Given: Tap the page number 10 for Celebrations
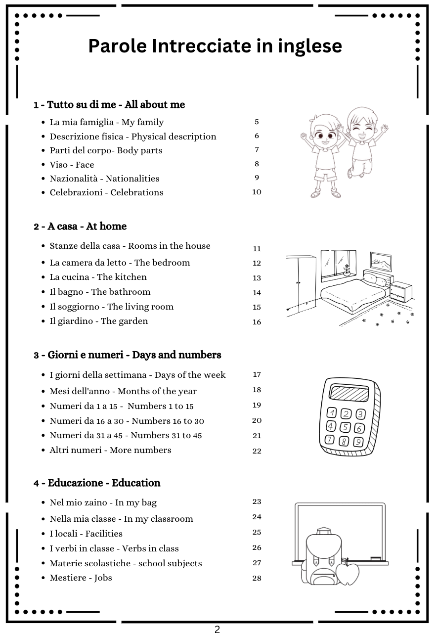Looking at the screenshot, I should coord(257,192).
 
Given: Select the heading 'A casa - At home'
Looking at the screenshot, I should coord(80,227).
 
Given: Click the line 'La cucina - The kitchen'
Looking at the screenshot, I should coord(98,277).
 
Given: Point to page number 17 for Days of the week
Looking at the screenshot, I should coord(257,374).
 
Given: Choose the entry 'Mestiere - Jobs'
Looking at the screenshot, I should coord(81,578).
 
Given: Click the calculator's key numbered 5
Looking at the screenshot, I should coord(346,427).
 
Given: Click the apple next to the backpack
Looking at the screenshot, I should coord(348,573).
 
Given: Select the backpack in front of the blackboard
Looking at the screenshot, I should coord(320,556).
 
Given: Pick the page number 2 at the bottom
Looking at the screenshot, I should coord(217,630).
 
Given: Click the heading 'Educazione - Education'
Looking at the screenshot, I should coord(97,483).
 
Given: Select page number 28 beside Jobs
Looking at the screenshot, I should coord(257,578).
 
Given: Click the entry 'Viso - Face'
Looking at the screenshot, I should coord(72,165).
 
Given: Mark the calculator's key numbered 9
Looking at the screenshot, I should coord(358,442).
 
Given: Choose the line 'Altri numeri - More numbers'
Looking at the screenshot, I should coord(110,450).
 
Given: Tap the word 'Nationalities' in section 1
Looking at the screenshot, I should coord(132,179).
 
